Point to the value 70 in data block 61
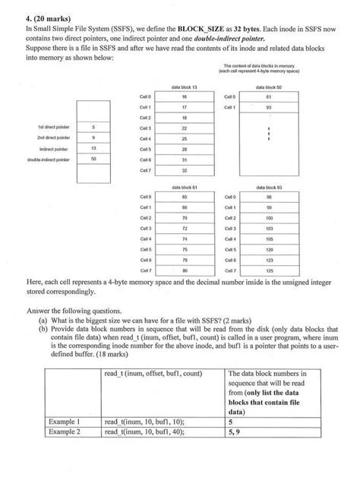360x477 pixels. (x=185, y=217)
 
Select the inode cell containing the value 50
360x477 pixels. (x=93, y=160)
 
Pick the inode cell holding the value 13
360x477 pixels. (x=93, y=149)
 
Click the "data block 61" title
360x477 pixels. (x=185, y=187)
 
